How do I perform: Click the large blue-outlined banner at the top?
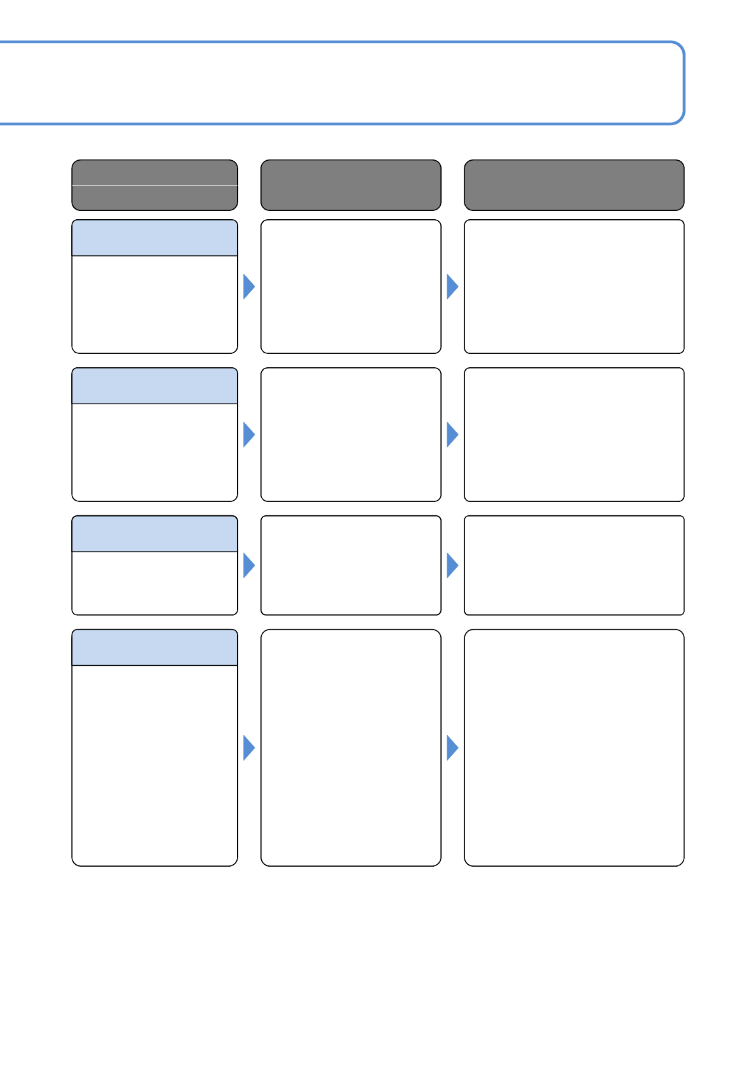click(x=343, y=83)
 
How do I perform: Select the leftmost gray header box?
click(x=154, y=185)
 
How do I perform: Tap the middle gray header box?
click(x=351, y=185)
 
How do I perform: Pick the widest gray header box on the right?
click(x=574, y=185)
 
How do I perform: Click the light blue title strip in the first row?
click(x=154, y=238)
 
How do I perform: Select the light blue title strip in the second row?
click(x=154, y=386)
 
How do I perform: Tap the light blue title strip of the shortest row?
click(x=154, y=534)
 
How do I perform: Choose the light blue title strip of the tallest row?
click(x=154, y=647)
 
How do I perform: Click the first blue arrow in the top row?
click(x=248, y=287)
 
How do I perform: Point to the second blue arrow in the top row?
click(x=452, y=287)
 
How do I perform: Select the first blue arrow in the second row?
click(x=248, y=435)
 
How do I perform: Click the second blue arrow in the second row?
click(x=452, y=435)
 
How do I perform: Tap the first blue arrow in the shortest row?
click(x=248, y=565)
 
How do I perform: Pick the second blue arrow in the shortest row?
click(x=452, y=565)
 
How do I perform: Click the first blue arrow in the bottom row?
click(x=248, y=748)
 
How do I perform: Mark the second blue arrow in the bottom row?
click(x=452, y=748)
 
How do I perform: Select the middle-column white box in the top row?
click(x=351, y=287)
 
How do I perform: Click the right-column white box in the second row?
click(x=574, y=435)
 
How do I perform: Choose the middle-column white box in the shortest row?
click(x=351, y=565)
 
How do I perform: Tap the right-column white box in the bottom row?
click(x=574, y=748)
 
